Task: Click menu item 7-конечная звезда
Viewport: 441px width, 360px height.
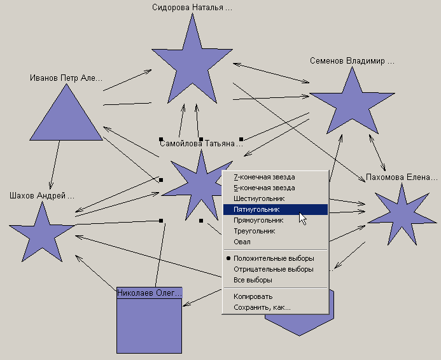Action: coord(264,177)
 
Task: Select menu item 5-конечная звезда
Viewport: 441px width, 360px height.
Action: coord(264,188)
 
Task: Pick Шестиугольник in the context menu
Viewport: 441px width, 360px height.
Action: coord(259,198)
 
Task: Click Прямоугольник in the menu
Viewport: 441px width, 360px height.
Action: coord(258,220)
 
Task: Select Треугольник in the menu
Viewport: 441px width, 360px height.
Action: coord(255,231)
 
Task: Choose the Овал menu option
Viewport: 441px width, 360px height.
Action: coord(242,242)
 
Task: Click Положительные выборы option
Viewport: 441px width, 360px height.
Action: coord(274,258)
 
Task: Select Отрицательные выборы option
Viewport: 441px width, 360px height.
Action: coord(274,269)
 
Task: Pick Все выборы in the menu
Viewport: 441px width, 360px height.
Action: coord(253,280)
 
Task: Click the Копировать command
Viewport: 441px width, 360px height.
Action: coord(253,296)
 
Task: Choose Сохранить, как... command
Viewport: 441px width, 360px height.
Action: coord(262,307)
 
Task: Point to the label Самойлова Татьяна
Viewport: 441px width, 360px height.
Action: coord(201,144)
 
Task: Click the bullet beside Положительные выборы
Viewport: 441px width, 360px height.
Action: coord(228,258)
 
